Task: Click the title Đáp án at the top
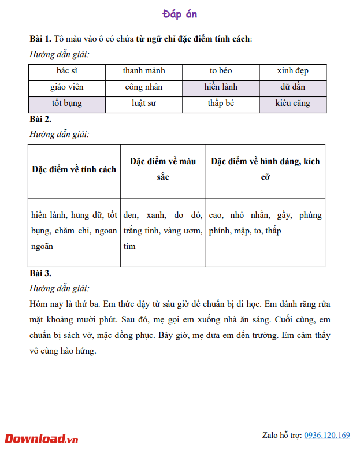click(180, 14)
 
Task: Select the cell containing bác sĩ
click(67, 71)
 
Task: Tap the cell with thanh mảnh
click(144, 71)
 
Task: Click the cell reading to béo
click(221, 71)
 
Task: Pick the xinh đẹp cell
click(292, 71)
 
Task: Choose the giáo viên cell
click(67, 87)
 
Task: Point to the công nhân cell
click(144, 87)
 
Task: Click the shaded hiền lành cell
click(221, 87)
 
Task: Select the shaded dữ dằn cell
click(292, 87)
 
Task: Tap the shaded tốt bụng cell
click(67, 104)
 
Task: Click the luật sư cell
click(144, 104)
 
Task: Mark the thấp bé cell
click(221, 104)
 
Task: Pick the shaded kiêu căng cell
click(292, 104)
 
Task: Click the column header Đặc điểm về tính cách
click(74, 169)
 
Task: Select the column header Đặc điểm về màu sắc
click(163, 169)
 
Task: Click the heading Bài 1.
click(40, 39)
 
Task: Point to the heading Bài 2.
click(40, 120)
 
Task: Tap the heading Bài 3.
click(40, 273)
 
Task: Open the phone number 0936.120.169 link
click(327, 435)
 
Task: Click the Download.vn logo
click(41, 439)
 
